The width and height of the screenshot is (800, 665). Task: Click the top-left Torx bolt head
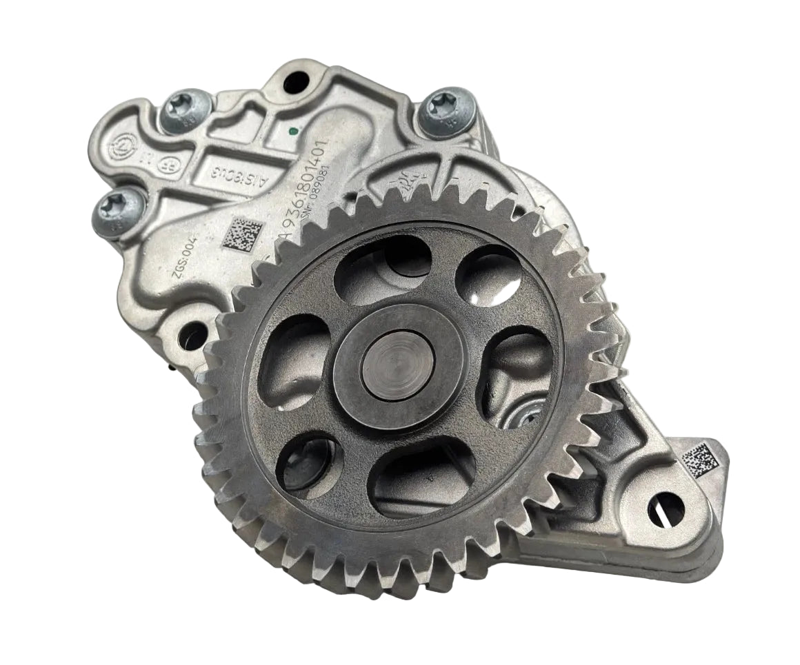186,110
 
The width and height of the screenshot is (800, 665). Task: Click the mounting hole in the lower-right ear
666,511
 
